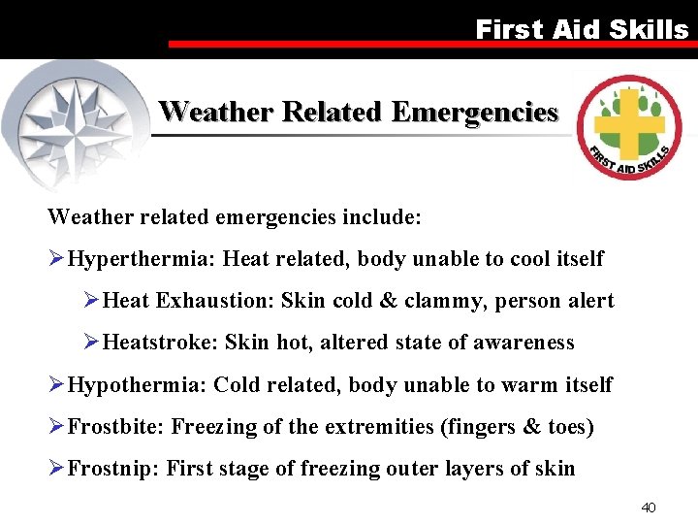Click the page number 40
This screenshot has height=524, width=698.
[x=650, y=507]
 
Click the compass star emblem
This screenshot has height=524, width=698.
[x=78, y=121]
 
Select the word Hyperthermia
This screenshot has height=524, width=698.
[x=143, y=259]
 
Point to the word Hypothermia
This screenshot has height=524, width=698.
[x=137, y=385]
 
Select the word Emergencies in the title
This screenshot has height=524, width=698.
[x=474, y=113]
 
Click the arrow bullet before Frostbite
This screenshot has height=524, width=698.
[x=56, y=427]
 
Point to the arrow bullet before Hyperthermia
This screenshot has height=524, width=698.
[x=56, y=259]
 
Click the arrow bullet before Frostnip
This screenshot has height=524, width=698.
[x=56, y=470]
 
